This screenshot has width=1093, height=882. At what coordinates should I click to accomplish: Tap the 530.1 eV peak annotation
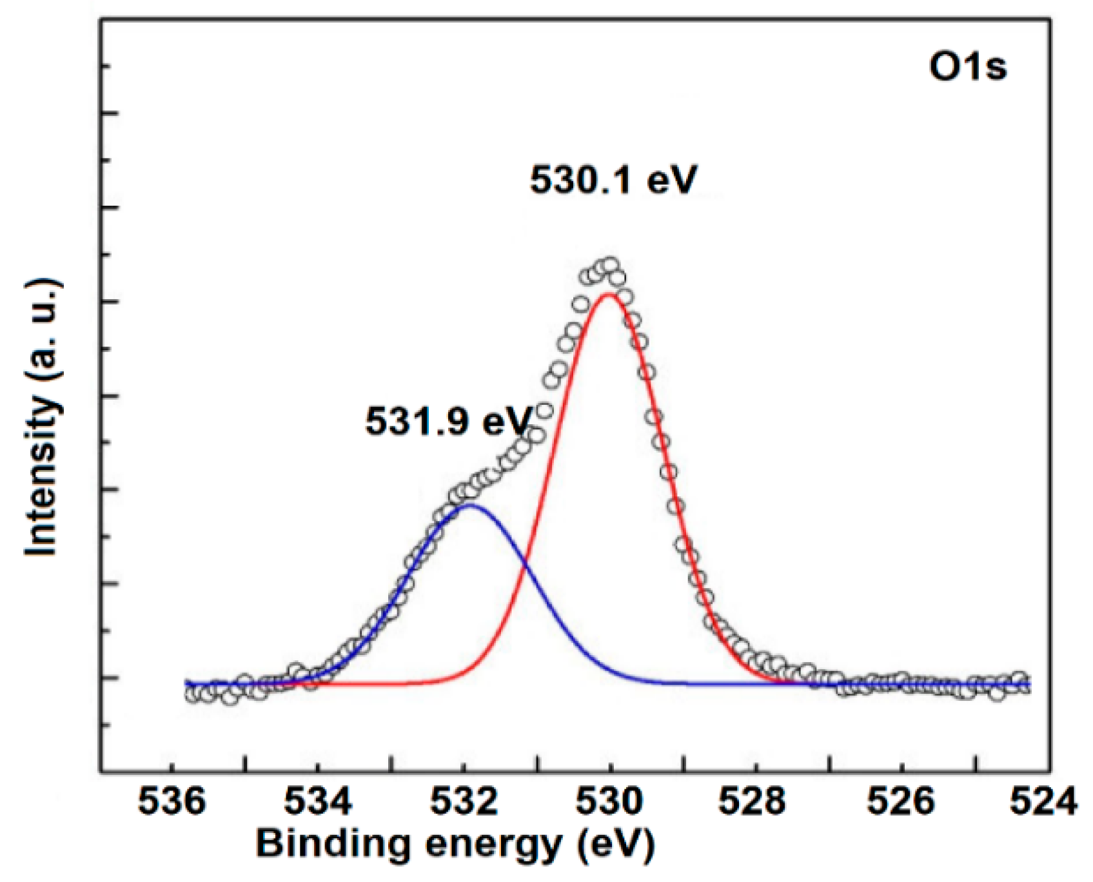613,180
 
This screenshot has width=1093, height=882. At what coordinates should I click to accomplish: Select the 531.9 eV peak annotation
449,422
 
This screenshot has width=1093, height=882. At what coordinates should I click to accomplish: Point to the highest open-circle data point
610,264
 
